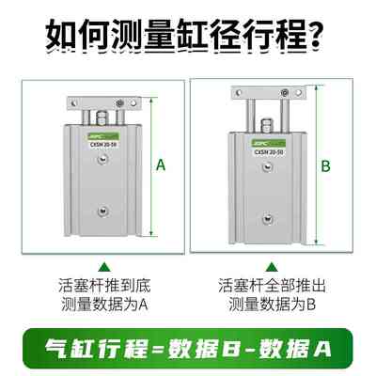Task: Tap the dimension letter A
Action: pos(161,166)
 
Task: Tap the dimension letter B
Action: pos(326,166)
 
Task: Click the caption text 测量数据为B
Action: pos(266,305)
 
